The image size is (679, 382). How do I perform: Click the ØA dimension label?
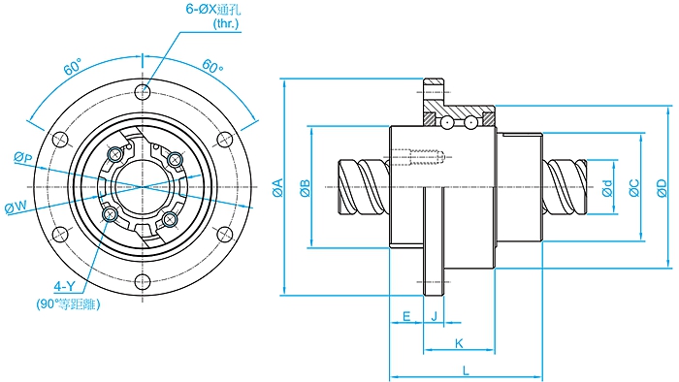(277, 187)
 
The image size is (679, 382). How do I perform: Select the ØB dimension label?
(306, 188)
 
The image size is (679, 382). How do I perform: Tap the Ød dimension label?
(608, 188)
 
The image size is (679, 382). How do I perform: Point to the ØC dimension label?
(634, 188)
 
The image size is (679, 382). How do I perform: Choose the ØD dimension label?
(662, 188)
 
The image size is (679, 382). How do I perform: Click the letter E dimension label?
(406, 316)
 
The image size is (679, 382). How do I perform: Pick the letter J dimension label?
(435, 316)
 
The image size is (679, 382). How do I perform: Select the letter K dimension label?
(459, 343)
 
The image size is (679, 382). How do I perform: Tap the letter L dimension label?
(466, 370)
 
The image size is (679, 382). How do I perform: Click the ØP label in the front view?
(23, 157)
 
